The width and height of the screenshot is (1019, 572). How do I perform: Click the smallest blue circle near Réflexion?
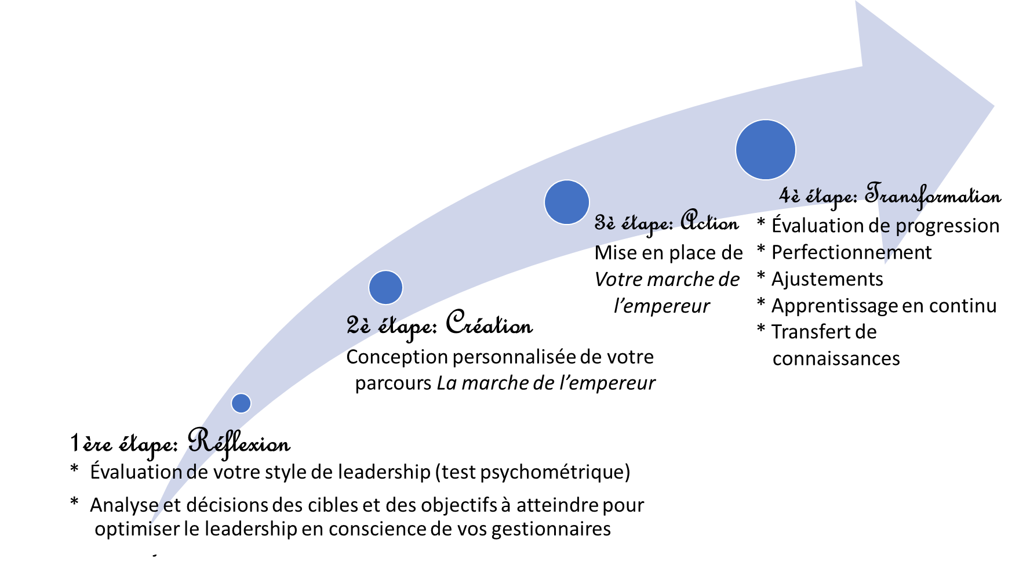point(241,403)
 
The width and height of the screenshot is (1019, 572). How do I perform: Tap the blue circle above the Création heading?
point(385,287)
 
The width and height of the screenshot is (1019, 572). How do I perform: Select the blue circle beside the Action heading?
point(567,202)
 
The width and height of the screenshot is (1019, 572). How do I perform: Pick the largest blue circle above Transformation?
point(766,150)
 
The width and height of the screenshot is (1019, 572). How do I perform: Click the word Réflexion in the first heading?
point(239,442)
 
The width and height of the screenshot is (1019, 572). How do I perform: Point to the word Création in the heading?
point(489,323)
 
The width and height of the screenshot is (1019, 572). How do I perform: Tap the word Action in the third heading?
point(709,221)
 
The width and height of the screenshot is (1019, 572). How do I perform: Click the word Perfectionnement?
point(851,252)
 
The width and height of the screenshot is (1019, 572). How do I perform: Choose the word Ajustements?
point(827,279)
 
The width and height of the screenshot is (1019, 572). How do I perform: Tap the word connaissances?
point(836,359)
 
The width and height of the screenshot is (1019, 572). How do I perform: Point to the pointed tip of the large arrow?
point(994,106)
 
